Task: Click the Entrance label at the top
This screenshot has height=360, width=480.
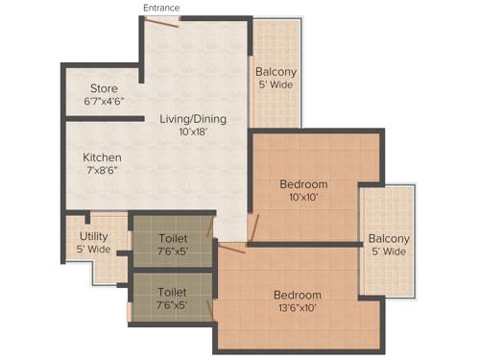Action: click(160, 8)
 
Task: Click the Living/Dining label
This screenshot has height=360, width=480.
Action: click(193, 119)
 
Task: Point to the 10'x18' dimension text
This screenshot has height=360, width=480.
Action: click(193, 132)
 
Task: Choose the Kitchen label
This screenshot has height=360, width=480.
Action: click(102, 157)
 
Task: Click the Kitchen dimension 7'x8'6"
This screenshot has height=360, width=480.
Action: click(102, 171)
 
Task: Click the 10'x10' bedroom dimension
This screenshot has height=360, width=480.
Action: click(303, 198)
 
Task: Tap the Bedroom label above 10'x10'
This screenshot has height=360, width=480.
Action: click(303, 184)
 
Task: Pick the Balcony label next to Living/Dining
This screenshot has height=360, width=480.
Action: click(276, 72)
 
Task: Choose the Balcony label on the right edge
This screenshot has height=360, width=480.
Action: click(389, 238)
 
